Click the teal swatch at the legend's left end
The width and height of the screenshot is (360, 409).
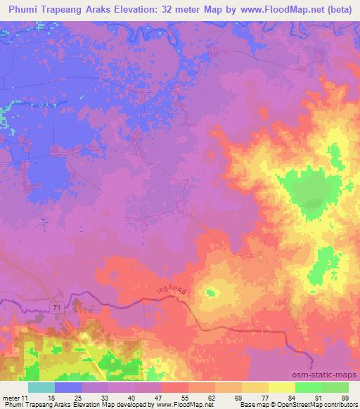click(41, 387)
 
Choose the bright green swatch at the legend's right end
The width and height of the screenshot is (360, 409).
click(335, 387)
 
